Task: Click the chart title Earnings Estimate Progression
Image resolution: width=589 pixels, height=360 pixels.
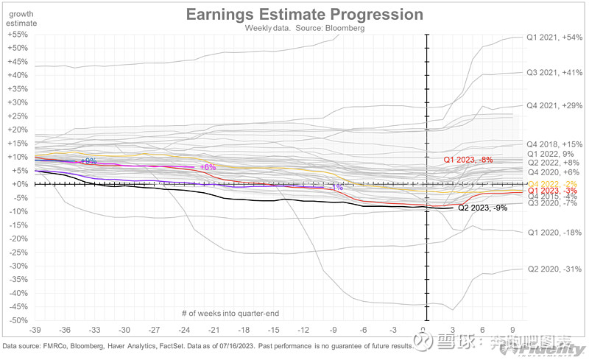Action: [304, 15]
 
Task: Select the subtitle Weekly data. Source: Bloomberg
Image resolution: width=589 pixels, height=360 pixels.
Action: [304, 29]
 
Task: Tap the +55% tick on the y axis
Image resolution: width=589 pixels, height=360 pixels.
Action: [16, 35]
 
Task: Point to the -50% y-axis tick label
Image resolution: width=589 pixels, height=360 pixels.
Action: [16, 321]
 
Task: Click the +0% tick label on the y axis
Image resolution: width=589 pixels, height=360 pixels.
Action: [18, 184]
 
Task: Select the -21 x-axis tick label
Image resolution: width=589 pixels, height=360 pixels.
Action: [214, 330]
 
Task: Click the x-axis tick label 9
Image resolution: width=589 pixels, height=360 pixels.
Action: [512, 330]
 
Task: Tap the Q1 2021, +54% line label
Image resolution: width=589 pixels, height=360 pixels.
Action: [554, 37]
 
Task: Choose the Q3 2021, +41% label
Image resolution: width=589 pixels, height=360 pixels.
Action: [554, 73]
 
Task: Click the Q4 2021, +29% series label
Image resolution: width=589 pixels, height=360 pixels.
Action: [554, 106]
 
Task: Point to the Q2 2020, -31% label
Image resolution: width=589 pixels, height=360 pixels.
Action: [554, 269]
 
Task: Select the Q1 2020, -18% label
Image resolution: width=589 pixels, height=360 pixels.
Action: [554, 233]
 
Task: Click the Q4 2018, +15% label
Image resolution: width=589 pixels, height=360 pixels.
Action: [554, 144]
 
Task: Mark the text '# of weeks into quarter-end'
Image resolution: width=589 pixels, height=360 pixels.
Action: [229, 314]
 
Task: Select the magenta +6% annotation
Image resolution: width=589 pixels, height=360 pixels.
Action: [208, 167]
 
